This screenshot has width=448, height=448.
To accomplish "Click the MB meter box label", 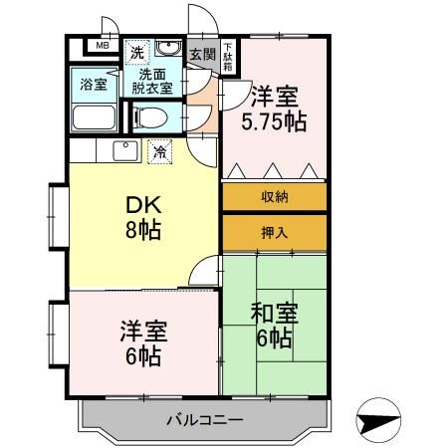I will pyautogui.click(x=102, y=45).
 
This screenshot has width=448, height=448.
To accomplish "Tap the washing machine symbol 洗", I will pyautogui.click(x=137, y=50).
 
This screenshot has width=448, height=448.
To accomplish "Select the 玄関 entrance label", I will pyautogui.click(x=201, y=54).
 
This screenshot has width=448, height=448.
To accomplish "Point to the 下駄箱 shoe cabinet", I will pyautogui.click(x=227, y=52).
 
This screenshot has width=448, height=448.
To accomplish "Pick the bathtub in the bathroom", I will pyautogui.click(x=94, y=115).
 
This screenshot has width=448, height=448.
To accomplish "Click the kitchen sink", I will pyautogui.click(x=125, y=150).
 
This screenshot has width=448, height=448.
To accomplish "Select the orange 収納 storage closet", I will pyautogui.click(x=275, y=196).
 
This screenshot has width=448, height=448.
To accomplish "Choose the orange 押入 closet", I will pyautogui.click(x=275, y=234).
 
